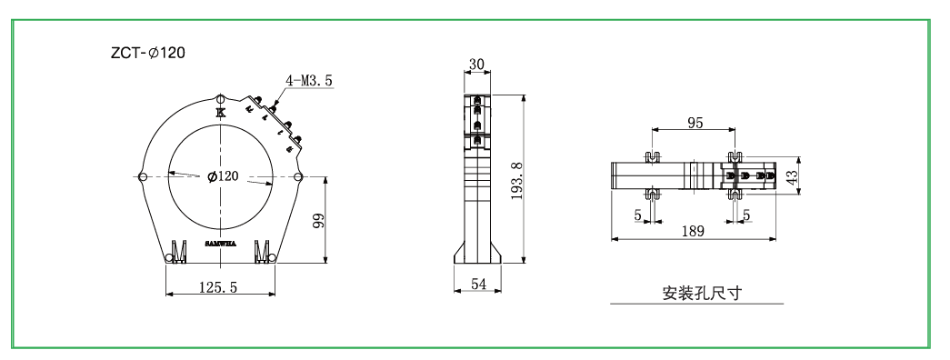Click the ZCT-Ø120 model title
[147, 54]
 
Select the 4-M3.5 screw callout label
[308, 81]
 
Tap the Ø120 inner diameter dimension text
[223, 176]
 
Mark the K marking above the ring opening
[221, 113]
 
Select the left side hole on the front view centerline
[143, 176]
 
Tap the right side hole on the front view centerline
[298, 176]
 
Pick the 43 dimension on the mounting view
[793, 175]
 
